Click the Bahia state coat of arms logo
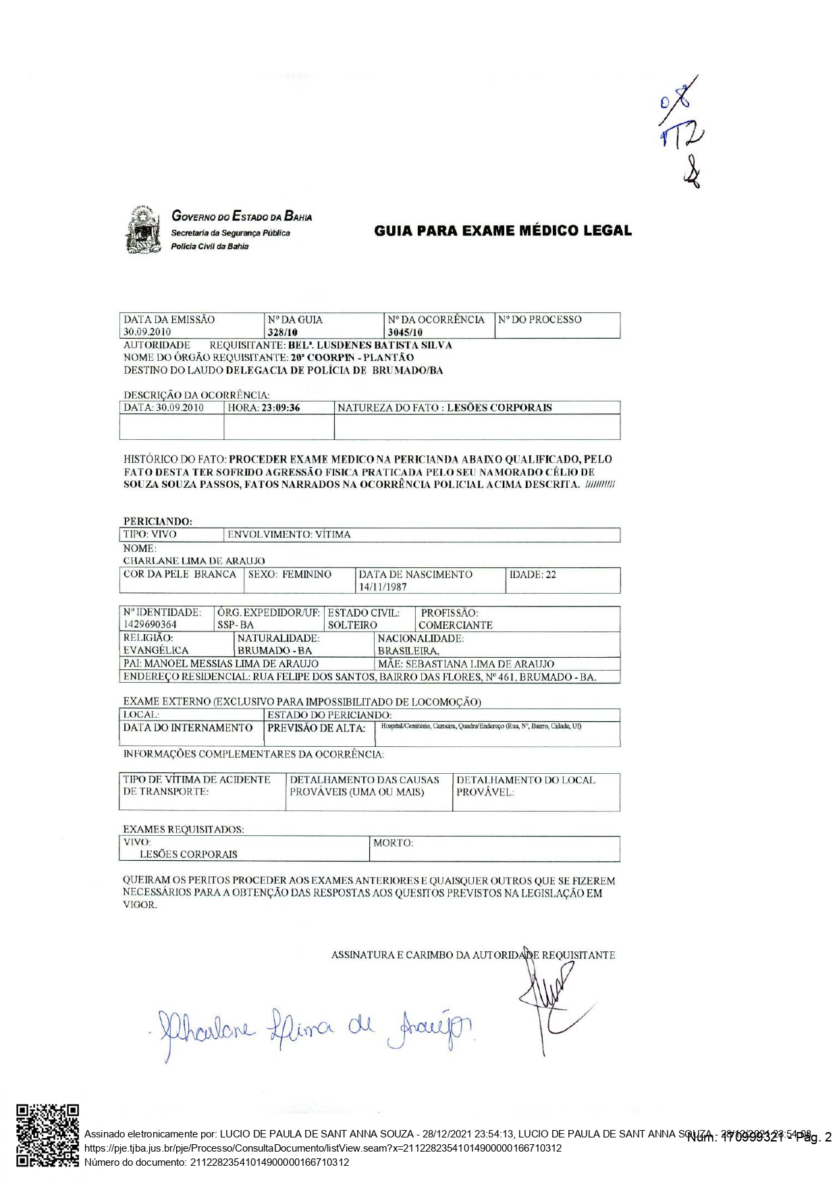click(142, 231)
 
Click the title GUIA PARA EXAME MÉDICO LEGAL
click(503, 231)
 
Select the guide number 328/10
click(283, 332)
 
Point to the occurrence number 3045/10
click(405, 332)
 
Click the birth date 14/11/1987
click(383, 587)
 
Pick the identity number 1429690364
click(150, 625)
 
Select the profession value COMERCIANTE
click(455, 625)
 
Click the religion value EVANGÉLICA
click(156, 650)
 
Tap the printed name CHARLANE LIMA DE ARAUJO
click(194, 561)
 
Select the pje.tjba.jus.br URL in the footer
click(323, 1148)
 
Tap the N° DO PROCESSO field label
click(539, 320)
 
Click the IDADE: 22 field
click(533, 575)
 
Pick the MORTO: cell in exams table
click(394, 843)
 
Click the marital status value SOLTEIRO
click(352, 625)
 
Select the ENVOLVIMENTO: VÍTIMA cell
click(289, 534)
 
